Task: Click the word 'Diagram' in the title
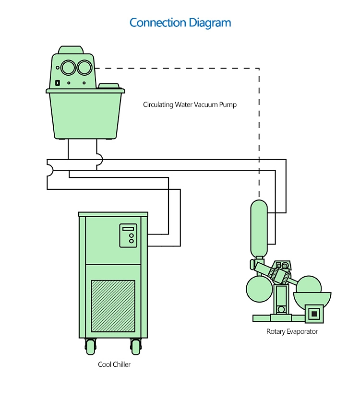pos(209,23)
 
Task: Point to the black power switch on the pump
pos(57,82)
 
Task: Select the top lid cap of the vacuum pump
pos(70,50)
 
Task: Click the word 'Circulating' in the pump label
pos(158,104)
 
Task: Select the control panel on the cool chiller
pos(128,235)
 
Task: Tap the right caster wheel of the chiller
pos(135,346)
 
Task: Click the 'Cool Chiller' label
pos(114,364)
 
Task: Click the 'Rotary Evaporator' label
pos(292,331)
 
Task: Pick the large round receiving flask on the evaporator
pos(259,288)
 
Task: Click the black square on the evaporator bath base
pos(314,314)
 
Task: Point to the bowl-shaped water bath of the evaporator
pos(313,298)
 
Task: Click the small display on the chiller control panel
pos(128,229)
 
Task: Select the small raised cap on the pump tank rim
pos(108,86)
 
